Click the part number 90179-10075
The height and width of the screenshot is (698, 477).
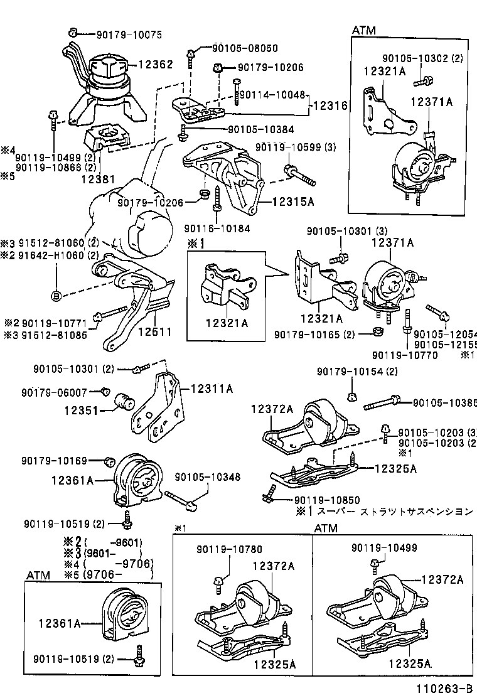tap(128, 35)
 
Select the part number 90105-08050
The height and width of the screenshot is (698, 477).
tap(245, 48)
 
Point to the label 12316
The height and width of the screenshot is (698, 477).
tap(330, 106)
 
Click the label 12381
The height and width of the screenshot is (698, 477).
tap(98, 179)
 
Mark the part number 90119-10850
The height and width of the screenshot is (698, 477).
tap(326, 500)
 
